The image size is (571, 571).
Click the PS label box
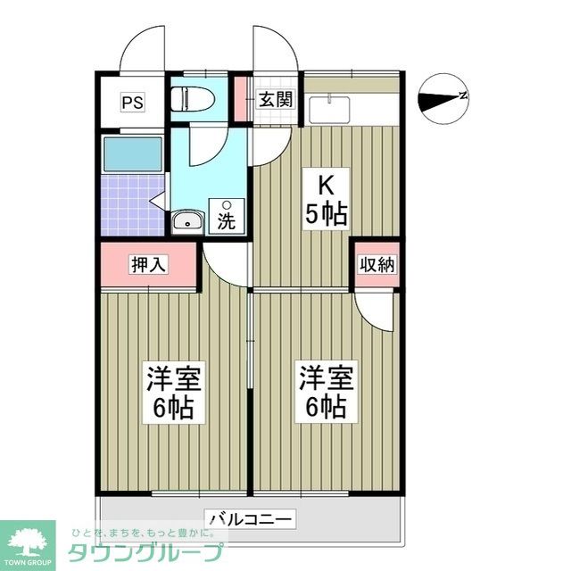(132, 101)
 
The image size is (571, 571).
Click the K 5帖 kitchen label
(327, 201)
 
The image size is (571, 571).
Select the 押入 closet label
(148, 264)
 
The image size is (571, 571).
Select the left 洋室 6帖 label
(174, 393)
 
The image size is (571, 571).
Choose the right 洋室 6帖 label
(326, 393)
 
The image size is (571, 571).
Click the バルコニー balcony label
(251, 517)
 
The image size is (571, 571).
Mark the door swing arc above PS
(141, 49)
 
